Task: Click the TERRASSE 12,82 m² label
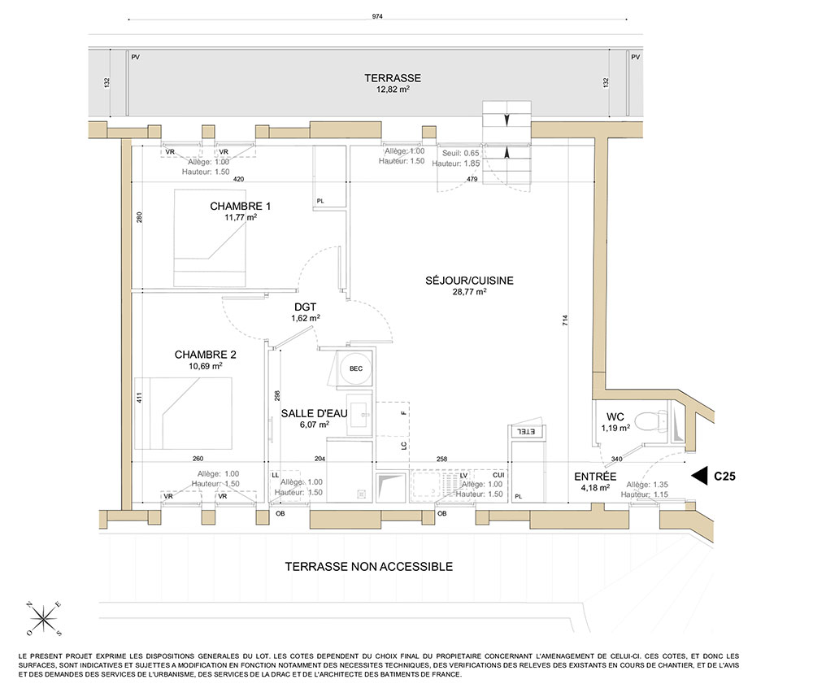(x=393, y=83)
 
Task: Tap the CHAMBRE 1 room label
(x=240, y=206)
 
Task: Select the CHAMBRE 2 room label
(x=206, y=355)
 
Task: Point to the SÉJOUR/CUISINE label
(x=469, y=281)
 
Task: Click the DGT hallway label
(x=306, y=307)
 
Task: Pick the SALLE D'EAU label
(x=314, y=413)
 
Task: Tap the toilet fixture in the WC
(x=652, y=421)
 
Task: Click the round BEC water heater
(x=356, y=368)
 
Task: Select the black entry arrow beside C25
(x=699, y=476)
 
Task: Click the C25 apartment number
(x=724, y=476)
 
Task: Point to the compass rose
(x=45, y=618)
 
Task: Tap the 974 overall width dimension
(x=377, y=16)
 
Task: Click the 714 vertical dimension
(x=565, y=320)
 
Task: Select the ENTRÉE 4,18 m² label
(x=595, y=481)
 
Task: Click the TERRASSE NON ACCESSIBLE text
(x=368, y=566)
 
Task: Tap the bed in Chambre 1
(x=210, y=238)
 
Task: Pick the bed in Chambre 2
(x=183, y=413)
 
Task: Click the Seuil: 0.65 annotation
(x=460, y=153)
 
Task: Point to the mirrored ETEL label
(x=526, y=432)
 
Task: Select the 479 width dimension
(x=472, y=179)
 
